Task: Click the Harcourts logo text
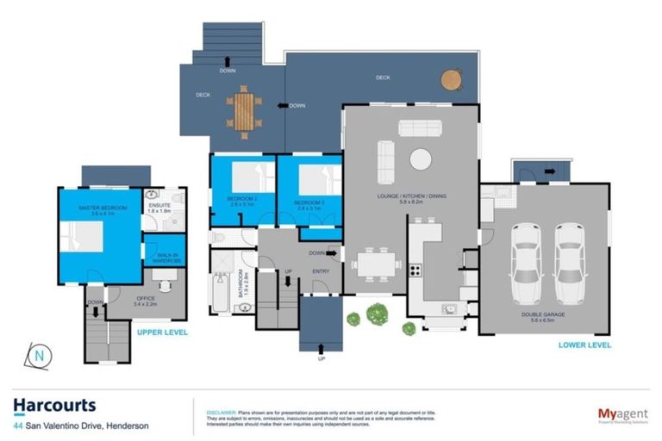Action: point(54,405)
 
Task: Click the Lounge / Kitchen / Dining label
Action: point(409,197)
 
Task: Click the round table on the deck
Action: point(452,79)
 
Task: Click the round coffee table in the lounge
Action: point(421,159)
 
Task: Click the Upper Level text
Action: point(162,331)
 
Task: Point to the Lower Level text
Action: point(584,345)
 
